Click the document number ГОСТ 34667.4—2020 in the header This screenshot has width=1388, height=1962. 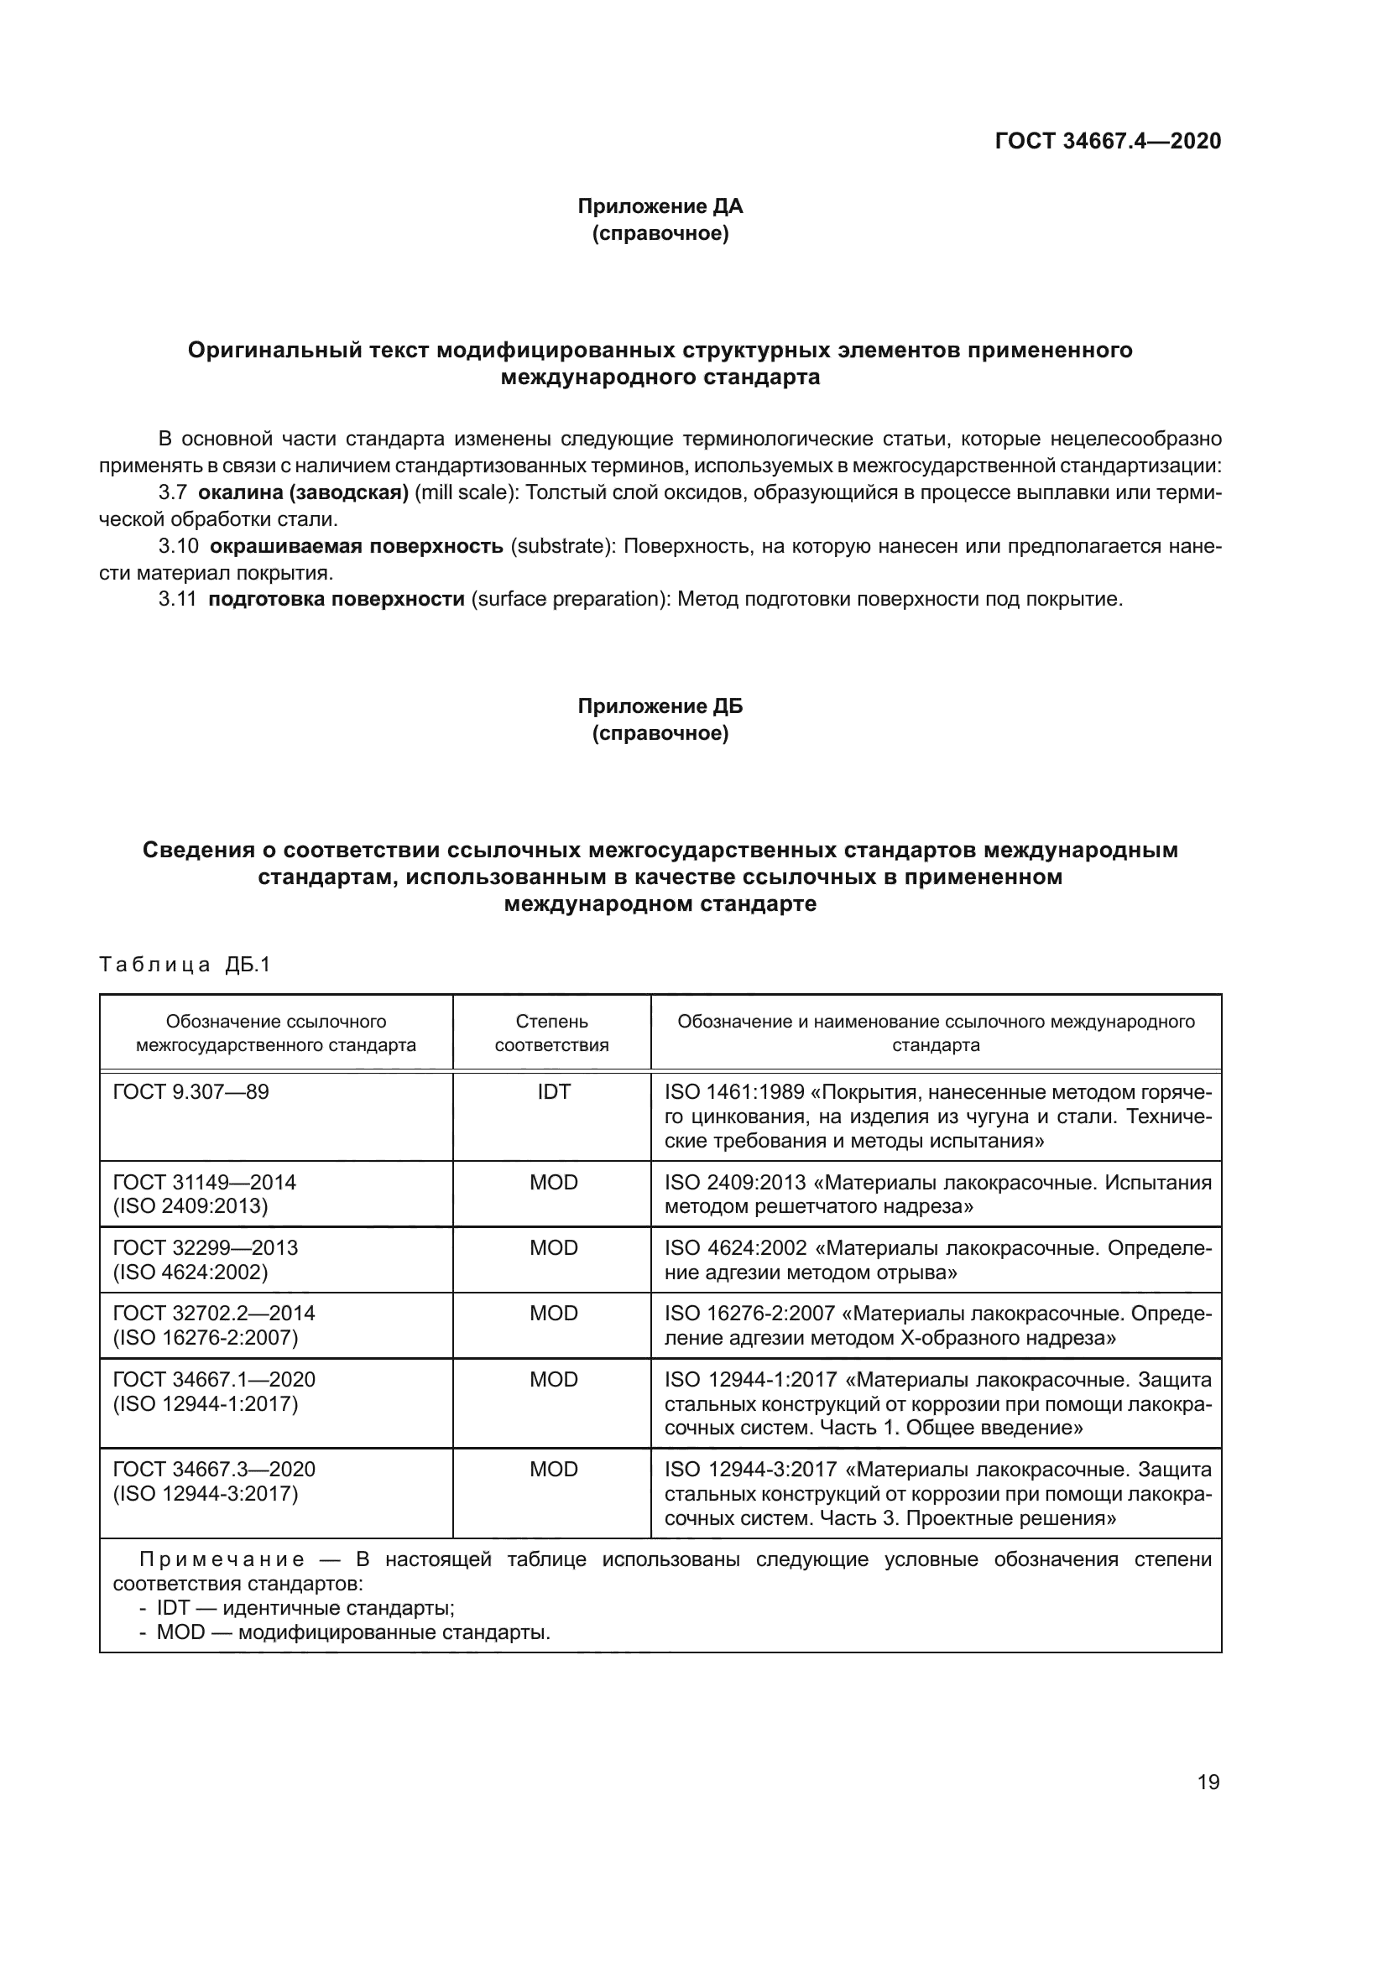(x=1108, y=141)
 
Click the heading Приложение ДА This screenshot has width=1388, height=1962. (x=660, y=206)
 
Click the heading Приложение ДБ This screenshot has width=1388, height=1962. (x=660, y=705)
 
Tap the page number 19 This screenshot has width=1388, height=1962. (x=1208, y=1782)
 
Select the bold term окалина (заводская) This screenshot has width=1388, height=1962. (x=304, y=492)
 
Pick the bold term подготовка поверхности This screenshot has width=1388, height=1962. (x=336, y=599)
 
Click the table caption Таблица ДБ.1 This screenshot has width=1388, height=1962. (x=185, y=965)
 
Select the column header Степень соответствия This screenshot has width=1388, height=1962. (x=552, y=1033)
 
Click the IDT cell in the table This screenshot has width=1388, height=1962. (x=553, y=1091)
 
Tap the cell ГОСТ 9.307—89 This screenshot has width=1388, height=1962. (x=190, y=1091)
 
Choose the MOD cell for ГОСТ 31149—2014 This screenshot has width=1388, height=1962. (x=553, y=1182)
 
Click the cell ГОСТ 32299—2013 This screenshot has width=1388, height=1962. (x=205, y=1247)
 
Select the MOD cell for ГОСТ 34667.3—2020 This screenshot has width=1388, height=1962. (x=553, y=1469)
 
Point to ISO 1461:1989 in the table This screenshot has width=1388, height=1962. (x=734, y=1091)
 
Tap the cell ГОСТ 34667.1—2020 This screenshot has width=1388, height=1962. (x=214, y=1379)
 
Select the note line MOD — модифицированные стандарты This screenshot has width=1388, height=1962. (x=352, y=1632)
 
